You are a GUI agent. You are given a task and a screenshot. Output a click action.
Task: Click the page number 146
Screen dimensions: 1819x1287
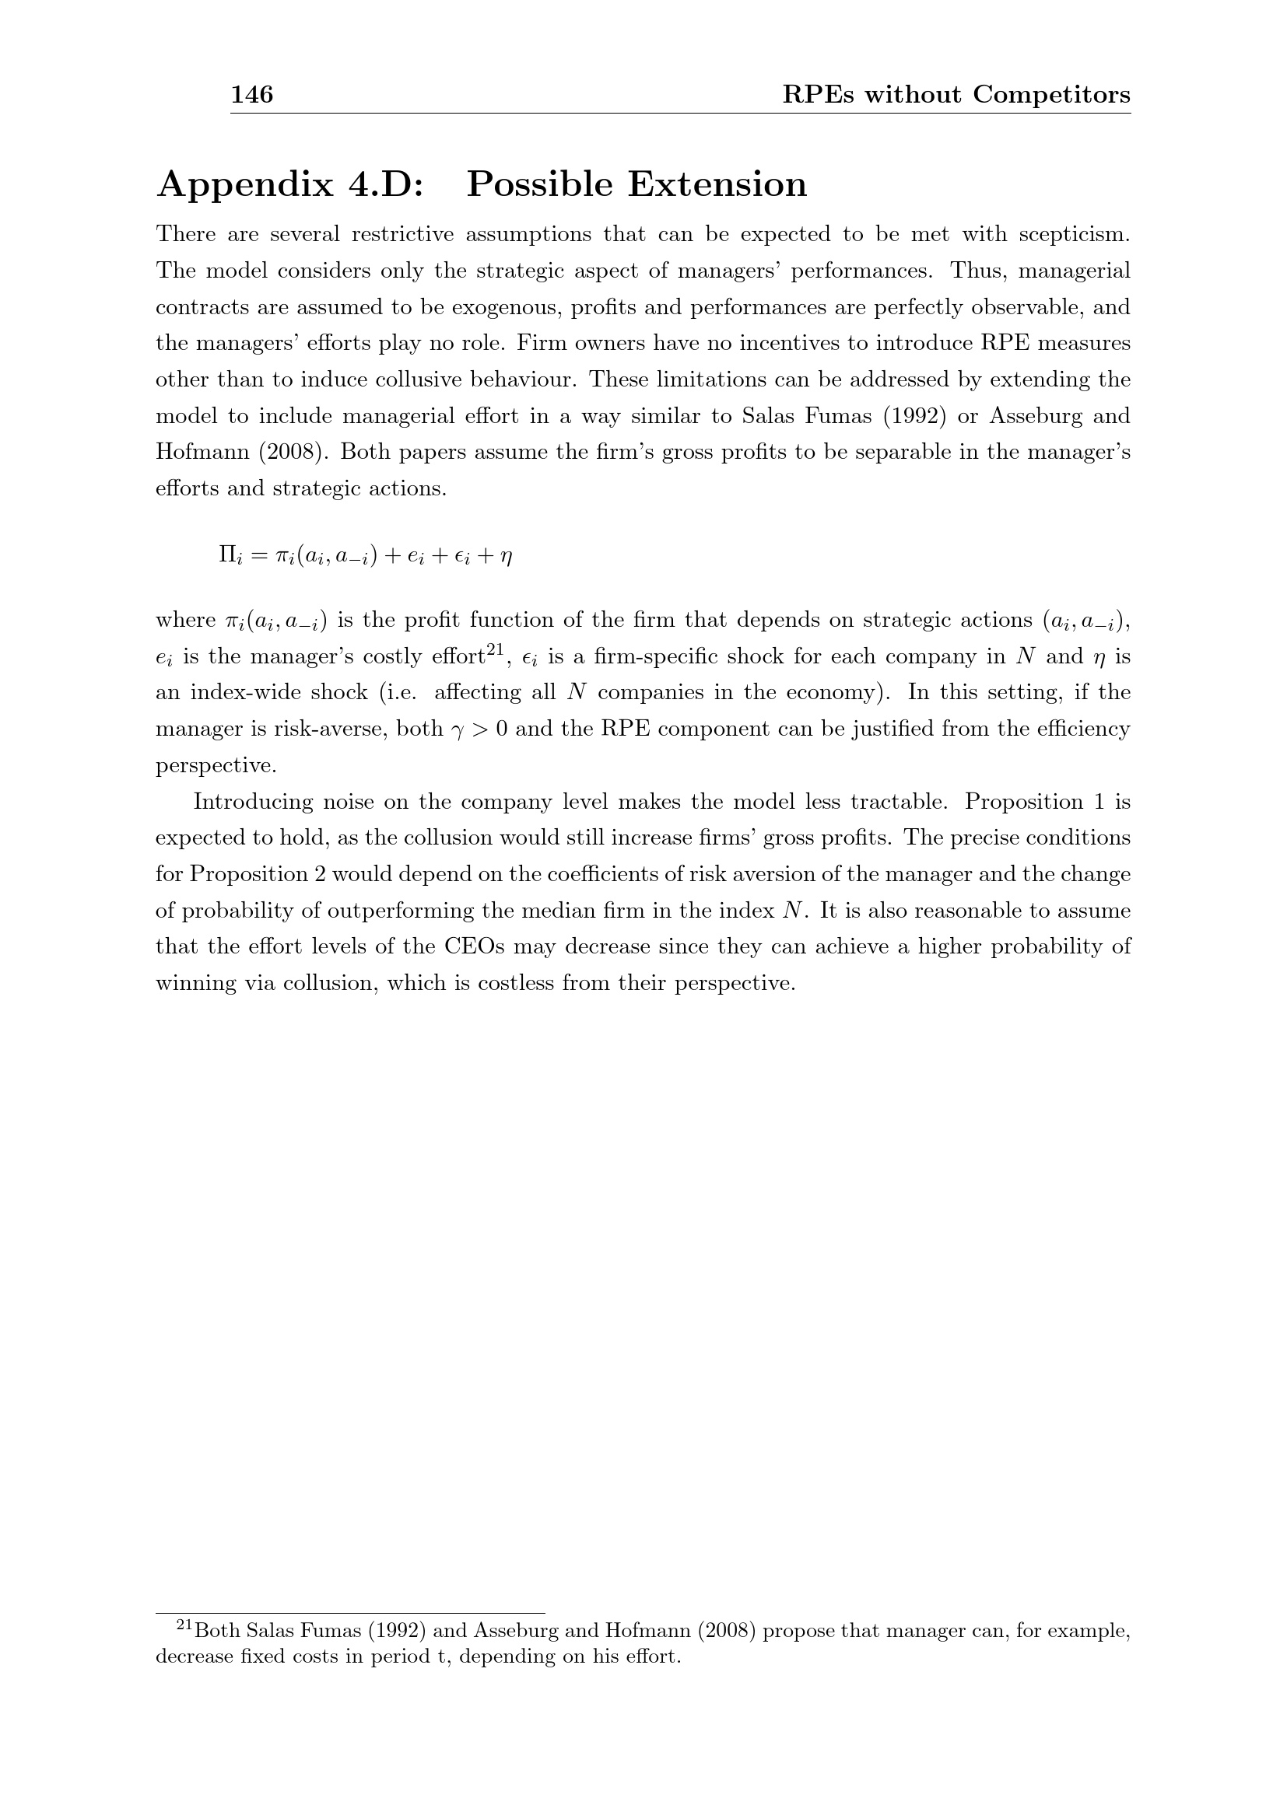(252, 95)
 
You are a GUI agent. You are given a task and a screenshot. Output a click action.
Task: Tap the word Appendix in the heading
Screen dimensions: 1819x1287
(246, 184)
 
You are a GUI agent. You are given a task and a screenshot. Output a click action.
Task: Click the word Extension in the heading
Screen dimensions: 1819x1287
(717, 184)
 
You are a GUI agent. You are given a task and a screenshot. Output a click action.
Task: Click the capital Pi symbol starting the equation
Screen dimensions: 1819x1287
(225, 554)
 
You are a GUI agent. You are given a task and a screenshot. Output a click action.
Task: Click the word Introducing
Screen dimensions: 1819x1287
(254, 803)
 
